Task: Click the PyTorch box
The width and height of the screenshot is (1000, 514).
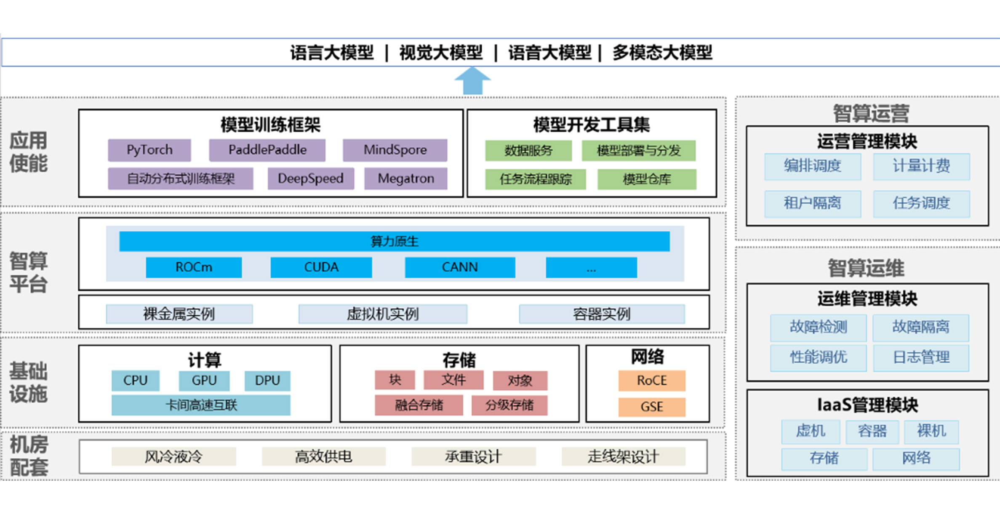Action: tap(149, 150)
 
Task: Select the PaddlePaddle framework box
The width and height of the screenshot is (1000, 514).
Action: tap(267, 150)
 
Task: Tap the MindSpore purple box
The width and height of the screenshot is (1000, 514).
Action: tap(395, 150)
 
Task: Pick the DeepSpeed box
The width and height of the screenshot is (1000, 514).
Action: tap(311, 178)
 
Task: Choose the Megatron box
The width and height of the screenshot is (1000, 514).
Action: tap(405, 178)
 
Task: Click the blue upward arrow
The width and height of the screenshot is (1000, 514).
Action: tap(472, 80)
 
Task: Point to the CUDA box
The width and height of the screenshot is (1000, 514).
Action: tap(321, 267)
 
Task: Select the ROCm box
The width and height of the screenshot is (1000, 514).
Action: tap(194, 267)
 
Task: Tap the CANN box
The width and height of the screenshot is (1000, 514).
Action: tap(460, 267)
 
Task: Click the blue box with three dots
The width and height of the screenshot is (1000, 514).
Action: tap(591, 267)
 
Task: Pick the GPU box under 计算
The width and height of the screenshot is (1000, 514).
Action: tap(204, 381)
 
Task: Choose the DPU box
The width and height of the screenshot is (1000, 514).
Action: tap(267, 381)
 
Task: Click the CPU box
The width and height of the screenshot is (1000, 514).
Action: tap(135, 381)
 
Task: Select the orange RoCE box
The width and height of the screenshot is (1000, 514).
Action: tap(651, 381)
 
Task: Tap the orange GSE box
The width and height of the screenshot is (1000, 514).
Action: tap(651, 407)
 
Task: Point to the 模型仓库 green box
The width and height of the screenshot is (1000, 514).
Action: tap(646, 179)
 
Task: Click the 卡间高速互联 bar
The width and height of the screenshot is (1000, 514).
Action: tap(201, 405)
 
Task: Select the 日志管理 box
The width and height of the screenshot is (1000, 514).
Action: tap(921, 357)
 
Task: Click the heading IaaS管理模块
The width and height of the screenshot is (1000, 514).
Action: tap(867, 405)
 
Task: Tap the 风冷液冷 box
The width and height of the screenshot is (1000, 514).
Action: tap(173, 457)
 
